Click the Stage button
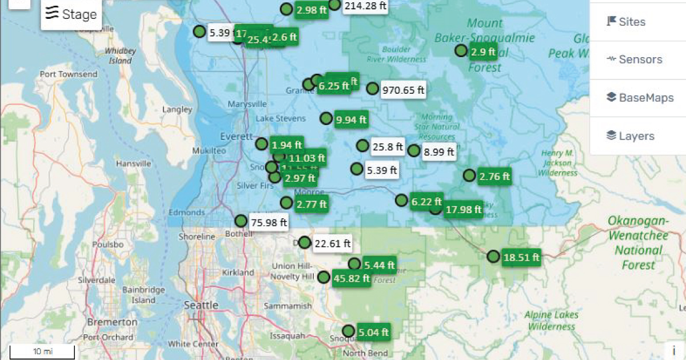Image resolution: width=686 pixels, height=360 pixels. [71, 14]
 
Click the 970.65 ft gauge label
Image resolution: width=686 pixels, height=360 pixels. [404, 90]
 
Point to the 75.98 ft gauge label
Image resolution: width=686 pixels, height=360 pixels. [269, 222]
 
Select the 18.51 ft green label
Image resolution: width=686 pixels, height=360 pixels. [521, 258]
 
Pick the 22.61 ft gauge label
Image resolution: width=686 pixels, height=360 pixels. [332, 244]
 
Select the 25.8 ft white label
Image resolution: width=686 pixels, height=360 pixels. [388, 147]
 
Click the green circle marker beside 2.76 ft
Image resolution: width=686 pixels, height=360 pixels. [469, 175]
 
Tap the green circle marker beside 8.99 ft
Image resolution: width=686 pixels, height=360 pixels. [414, 151]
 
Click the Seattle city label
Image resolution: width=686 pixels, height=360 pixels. [201, 305]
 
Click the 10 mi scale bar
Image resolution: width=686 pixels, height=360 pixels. [42, 351]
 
